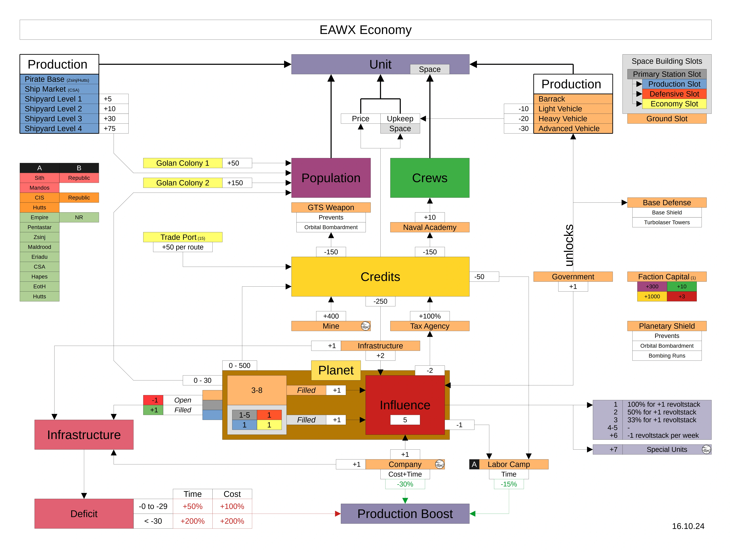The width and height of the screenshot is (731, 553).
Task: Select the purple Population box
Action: [331, 178]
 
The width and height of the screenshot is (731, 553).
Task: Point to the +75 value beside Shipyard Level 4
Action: [113, 128]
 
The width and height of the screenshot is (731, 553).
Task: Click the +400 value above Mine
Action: [331, 316]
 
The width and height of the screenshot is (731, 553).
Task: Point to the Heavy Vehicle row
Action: [573, 119]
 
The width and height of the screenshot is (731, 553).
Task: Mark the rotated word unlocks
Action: [568, 245]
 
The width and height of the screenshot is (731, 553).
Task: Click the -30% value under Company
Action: [405, 484]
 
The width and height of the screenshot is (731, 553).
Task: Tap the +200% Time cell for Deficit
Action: [192, 521]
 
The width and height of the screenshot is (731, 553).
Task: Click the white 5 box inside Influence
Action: [405, 420]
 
